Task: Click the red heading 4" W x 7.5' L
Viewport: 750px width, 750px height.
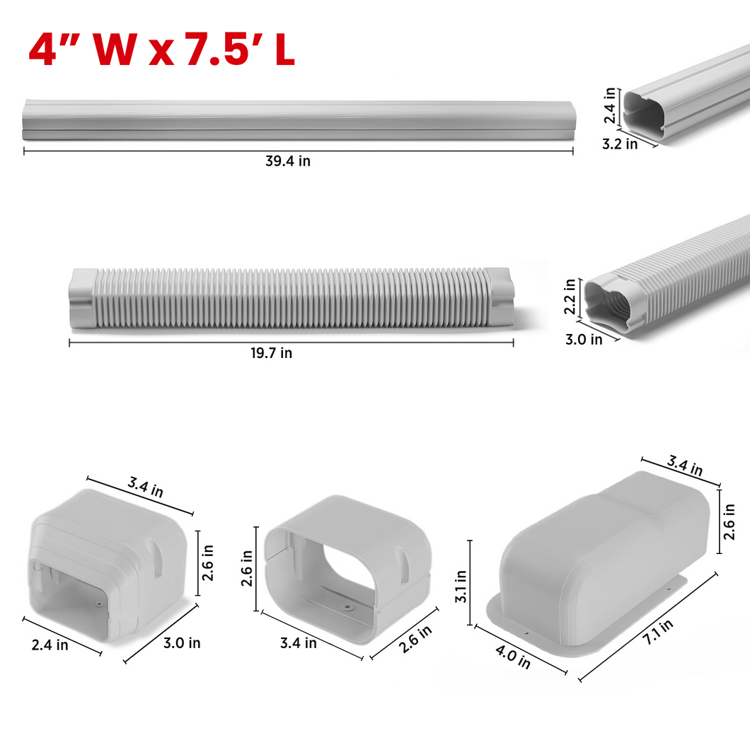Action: [x=161, y=50]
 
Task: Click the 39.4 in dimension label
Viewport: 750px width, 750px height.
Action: [x=288, y=161]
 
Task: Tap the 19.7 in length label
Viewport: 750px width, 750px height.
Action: [x=271, y=353]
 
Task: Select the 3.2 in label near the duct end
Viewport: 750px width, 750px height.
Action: [x=620, y=144]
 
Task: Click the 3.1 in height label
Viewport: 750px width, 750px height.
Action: [x=460, y=587]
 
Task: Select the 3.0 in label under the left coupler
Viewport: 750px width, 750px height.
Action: [x=182, y=643]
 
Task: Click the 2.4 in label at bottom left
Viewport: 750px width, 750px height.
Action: [x=50, y=645]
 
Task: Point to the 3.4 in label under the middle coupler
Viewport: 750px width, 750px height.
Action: [x=299, y=643]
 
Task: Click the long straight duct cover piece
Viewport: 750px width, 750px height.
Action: [x=297, y=119]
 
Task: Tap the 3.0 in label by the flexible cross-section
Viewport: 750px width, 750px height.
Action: [x=585, y=339]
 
